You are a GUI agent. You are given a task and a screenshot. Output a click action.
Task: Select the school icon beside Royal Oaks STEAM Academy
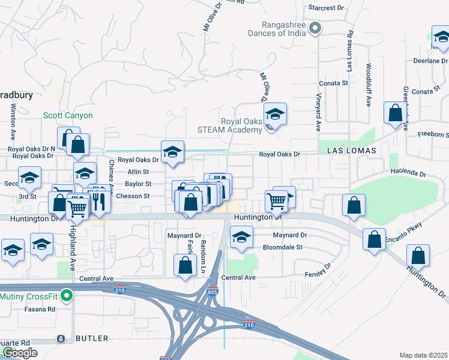point(275,114)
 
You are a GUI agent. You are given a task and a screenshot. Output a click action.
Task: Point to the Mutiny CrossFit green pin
point(68,295)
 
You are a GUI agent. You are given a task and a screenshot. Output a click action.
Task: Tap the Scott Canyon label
point(68,115)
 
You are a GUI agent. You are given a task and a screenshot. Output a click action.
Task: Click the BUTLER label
point(92,338)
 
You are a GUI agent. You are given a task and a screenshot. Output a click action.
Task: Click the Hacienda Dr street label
point(408,173)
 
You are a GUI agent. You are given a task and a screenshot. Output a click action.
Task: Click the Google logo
point(20,353)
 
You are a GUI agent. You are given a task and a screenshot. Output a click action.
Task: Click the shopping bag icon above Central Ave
point(185,265)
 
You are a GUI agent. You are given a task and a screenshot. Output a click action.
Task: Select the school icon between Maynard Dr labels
point(241,238)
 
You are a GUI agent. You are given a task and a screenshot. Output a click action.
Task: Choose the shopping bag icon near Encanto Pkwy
point(374,240)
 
